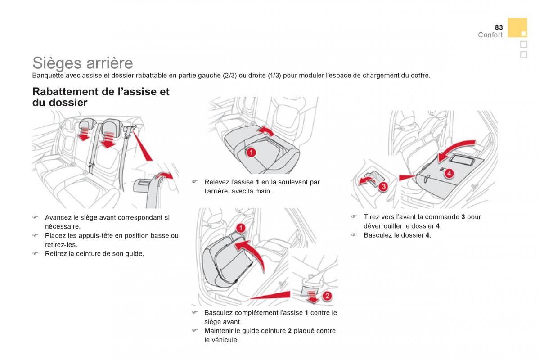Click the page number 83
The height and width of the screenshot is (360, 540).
(499, 27)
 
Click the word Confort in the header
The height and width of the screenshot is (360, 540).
(490, 35)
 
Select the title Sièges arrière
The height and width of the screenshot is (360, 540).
(82, 63)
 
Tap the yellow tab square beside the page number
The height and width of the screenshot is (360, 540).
(517, 27)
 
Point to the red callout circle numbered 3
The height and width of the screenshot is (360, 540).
(382, 186)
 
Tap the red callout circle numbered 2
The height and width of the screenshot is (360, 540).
(327, 296)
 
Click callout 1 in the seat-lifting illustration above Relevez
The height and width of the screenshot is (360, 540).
(251, 152)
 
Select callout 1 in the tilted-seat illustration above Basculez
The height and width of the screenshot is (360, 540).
(241, 228)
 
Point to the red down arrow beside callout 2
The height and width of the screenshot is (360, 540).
(312, 297)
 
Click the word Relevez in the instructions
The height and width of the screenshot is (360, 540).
(216, 182)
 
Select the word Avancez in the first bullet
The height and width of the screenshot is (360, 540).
(59, 217)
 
